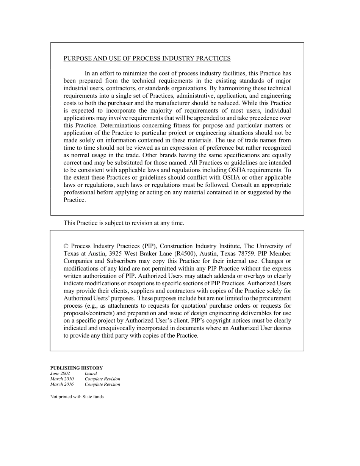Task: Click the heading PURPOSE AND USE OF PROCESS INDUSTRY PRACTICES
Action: [x=147, y=58]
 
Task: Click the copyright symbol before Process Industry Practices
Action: [x=66, y=246]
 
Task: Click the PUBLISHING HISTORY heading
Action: [x=76, y=368]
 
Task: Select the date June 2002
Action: [x=60, y=373]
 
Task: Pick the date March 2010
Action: [x=62, y=379]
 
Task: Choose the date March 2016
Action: [x=62, y=384]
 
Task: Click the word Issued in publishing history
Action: [x=91, y=373]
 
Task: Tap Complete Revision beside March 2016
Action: [x=102, y=384]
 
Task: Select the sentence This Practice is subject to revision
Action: [x=124, y=223]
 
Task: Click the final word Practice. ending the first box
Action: [x=75, y=200]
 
